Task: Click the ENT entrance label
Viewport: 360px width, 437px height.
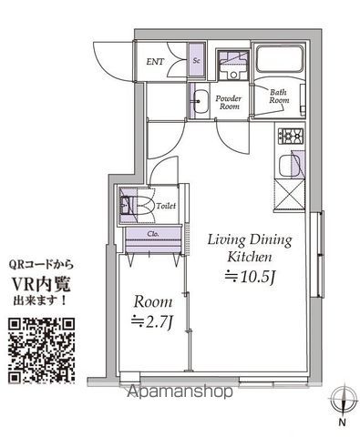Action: pos(155,62)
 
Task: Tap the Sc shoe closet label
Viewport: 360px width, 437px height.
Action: pos(196,60)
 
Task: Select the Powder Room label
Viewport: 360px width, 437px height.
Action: pos(229,102)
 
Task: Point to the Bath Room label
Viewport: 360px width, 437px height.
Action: pos(279,97)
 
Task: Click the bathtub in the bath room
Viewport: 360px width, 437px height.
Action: pos(280,59)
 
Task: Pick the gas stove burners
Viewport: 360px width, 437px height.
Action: pos(291,136)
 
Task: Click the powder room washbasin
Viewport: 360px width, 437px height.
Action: pos(201,102)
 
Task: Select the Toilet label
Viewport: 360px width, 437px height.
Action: pos(166,206)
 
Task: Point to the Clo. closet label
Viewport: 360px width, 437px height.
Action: pos(153,234)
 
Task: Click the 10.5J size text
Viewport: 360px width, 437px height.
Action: pos(250,277)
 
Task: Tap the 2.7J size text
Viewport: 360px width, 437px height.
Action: pos(151,322)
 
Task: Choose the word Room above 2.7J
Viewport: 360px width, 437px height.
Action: pos(153,301)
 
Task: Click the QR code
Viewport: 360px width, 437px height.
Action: pos(41,351)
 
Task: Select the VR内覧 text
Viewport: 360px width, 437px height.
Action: pos(41,284)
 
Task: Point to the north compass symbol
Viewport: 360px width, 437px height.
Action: pos(344,399)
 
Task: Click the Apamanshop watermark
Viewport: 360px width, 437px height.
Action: pos(180,391)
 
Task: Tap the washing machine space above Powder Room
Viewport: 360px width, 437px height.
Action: pos(233,66)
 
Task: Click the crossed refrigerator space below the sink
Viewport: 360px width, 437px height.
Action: pos(289,195)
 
